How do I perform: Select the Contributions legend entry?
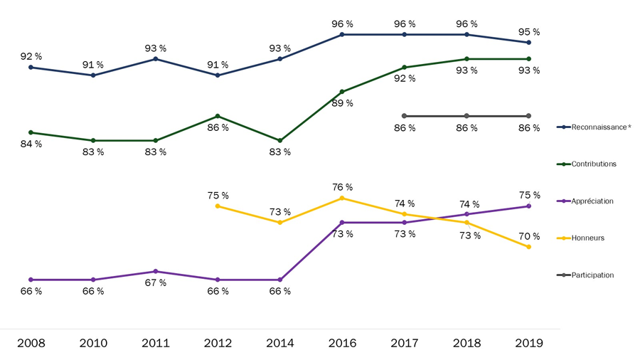pyautogui.click(x=594, y=164)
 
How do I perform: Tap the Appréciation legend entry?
pyautogui.click(x=592, y=201)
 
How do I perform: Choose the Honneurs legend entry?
pyautogui.click(x=587, y=238)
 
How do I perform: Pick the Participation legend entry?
pyautogui.click(x=592, y=275)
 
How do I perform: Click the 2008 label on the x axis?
pyautogui.click(x=31, y=344)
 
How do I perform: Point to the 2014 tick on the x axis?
pyautogui.click(x=280, y=344)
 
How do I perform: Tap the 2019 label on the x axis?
pyautogui.click(x=529, y=344)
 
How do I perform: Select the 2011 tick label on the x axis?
pyautogui.click(x=156, y=344)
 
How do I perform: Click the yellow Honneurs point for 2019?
pyautogui.click(x=529, y=247)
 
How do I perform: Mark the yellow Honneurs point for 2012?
pyautogui.click(x=218, y=206)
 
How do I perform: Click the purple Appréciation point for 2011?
pyautogui.click(x=156, y=271)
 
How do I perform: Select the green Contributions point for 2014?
pyautogui.click(x=280, y=140)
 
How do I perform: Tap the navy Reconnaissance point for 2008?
pyautogui.click(x=31, y=67)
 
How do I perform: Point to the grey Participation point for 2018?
pyautogui.click(x=466, y=116)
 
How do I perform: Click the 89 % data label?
pyautogui.click(x=342, y=103)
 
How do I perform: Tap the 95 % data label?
pyautogui.click(x=529, y=32)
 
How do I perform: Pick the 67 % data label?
pyautogui.click(x=156, y=283)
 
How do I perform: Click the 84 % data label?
pyautogui.click(x=31, y=144)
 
